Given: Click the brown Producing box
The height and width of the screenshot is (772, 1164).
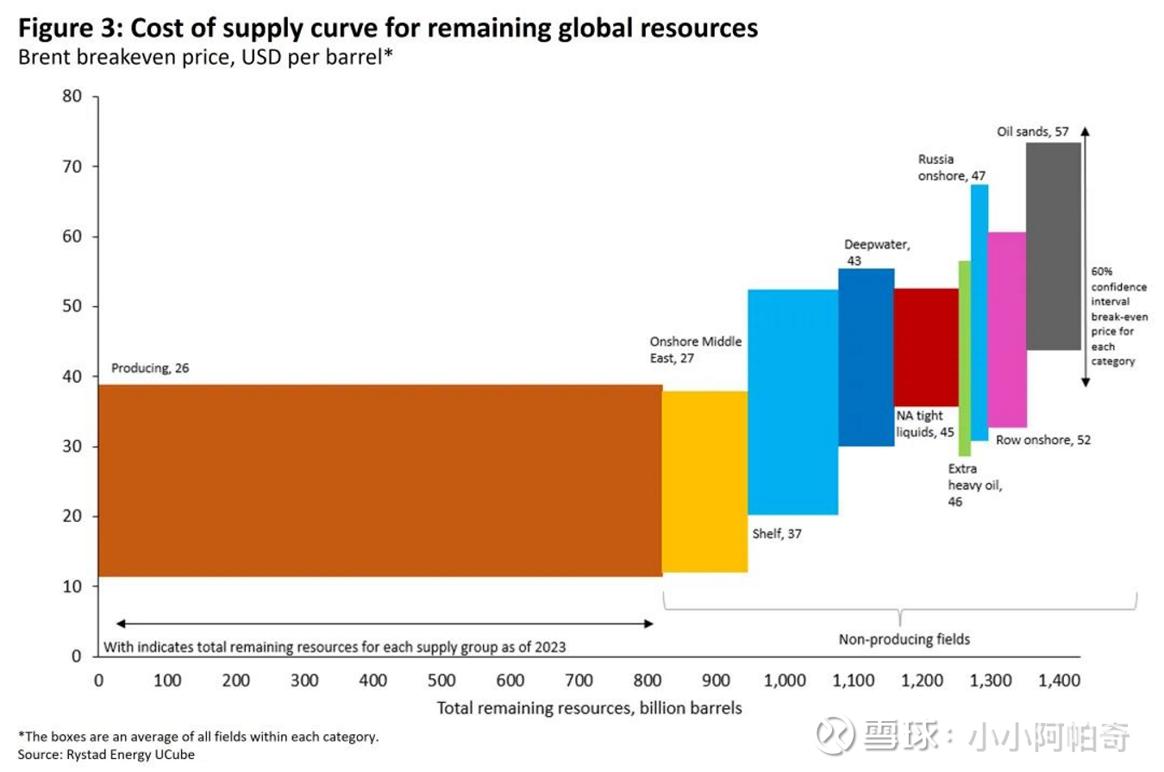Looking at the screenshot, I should [x=379, y=480].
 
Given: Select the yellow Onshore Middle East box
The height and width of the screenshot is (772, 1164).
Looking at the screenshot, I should [x=704, y=481].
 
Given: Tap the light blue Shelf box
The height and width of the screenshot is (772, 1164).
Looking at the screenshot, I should [x=792, y=401].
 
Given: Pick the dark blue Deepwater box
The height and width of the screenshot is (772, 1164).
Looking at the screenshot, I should [x=866, y=357].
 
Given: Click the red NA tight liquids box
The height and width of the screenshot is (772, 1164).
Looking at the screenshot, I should [x=926, y=347].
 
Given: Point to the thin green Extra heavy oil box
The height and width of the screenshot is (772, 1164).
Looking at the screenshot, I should [x=964, y=358].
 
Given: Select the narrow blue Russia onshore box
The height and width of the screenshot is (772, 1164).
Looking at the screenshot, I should [x=979, y=312].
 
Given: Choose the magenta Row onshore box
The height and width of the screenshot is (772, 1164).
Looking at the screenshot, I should [x=1006, y=329].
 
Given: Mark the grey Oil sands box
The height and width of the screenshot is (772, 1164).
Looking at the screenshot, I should [x=1053, y=246].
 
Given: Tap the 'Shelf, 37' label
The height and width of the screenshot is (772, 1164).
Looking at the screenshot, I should [x=775, y=534].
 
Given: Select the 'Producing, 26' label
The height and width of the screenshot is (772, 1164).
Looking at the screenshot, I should [x=150, y=368].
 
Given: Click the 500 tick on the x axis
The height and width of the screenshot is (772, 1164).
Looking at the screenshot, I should [x=441, y=681].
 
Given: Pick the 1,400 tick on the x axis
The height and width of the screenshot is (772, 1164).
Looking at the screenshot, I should [x=1060, y=681].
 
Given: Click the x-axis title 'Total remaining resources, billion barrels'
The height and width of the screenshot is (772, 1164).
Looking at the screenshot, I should [x=589, y=708].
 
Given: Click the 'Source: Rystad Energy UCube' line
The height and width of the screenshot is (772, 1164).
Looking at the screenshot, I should [x=105, y=754].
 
